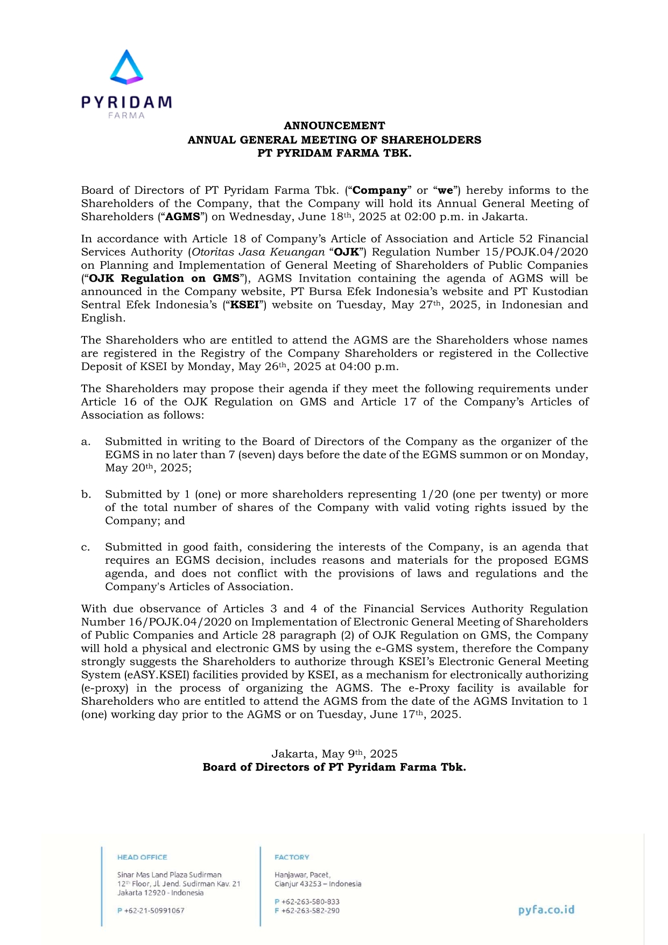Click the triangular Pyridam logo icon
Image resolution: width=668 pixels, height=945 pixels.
click(x=126, y=67)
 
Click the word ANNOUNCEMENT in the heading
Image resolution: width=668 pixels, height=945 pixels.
click(x=334, y=125)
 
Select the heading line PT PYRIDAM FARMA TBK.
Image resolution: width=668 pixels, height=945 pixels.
click(x=334, y=153)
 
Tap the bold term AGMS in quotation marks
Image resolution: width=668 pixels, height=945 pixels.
click(x=182, y=217)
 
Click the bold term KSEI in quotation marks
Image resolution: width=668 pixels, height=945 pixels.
click(x=245, y=305)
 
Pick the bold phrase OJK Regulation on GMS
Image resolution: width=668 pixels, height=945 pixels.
click(x=164, y=278)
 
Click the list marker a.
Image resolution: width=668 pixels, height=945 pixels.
click(x=86, y=442)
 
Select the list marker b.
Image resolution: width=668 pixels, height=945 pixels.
click(x=86, y=494)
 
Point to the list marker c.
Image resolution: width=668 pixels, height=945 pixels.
click(x=86, y=548)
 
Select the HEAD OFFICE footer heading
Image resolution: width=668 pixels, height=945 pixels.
click(x=142, y=857)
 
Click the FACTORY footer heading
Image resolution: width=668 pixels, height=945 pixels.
click(x=292, y=857)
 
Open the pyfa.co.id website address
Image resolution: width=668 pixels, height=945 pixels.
click(x=546, y=909)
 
